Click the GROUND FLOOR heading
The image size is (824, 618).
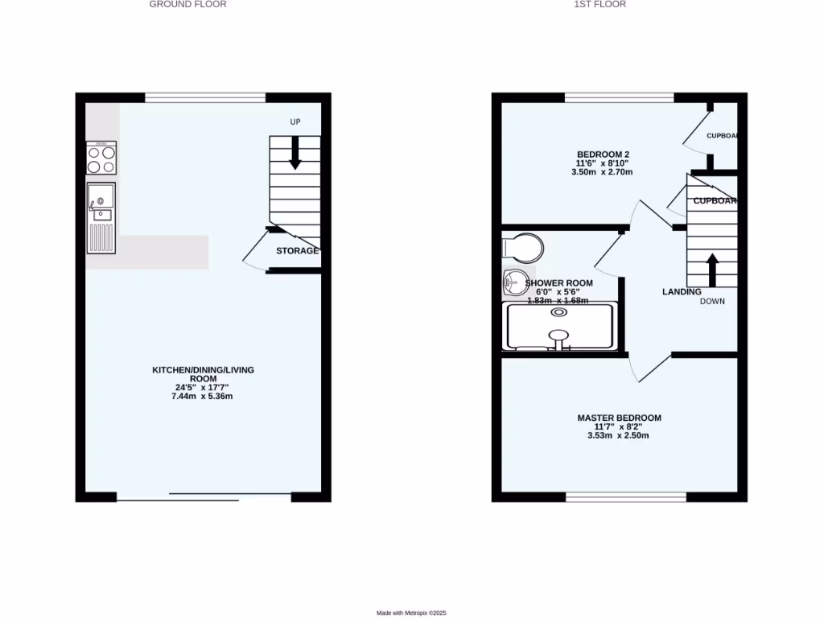point(187,4)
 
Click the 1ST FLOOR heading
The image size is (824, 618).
point(599,4)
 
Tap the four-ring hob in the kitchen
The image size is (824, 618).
point(101,159)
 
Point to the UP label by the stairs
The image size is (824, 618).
point(295,122)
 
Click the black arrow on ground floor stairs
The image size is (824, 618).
point(295,153)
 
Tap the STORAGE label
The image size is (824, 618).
point(297,251)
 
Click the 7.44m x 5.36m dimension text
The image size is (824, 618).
point(204,397)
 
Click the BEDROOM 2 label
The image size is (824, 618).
point(603,154)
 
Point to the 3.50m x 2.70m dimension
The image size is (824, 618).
point(603,172)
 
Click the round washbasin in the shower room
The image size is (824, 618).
point(512,282)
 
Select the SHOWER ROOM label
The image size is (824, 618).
point(558,283)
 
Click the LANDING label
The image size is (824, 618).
point(682,291)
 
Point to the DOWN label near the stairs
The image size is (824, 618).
point(712,302)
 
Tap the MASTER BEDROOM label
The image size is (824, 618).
point(619,418)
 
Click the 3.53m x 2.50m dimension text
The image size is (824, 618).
point(619,435)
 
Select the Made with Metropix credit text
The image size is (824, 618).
point(411,613)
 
